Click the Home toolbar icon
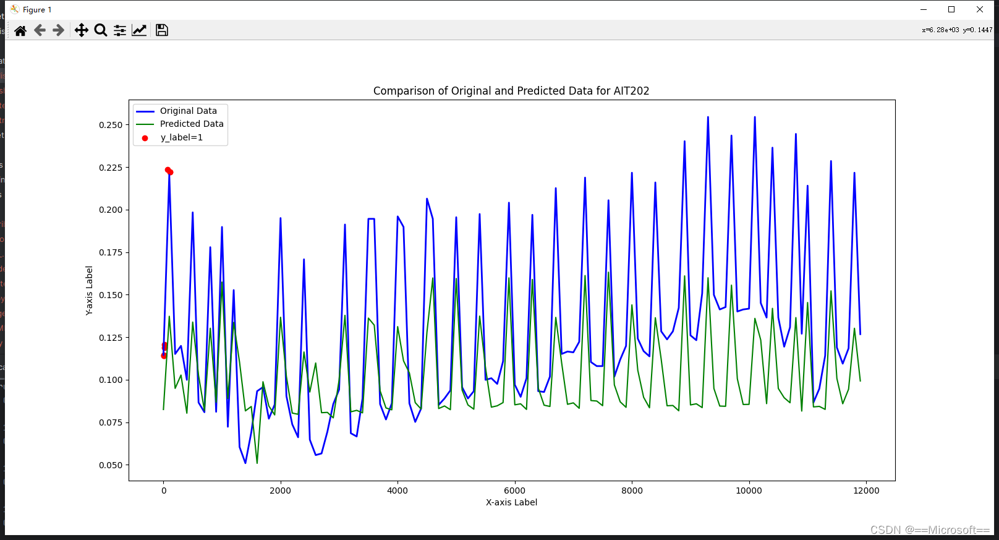(20, 30)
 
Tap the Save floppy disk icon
(161, 30)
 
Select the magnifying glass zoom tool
(101, 30)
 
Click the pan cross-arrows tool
(81, 30)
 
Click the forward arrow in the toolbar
(59, 30)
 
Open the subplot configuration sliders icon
(119, 30)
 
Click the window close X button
(979, 9)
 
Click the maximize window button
(951, 9)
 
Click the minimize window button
(923, 9)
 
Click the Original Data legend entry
(177, 111)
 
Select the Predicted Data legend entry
(180, 124)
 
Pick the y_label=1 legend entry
(172, 137)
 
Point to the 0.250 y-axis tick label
(111, 125)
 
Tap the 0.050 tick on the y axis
(111, 465)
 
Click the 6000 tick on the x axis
(515, 491)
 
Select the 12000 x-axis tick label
(866, 491)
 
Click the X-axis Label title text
(511, 502)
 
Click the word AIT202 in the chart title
(631, 91)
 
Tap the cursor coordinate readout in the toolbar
(957, 30)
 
